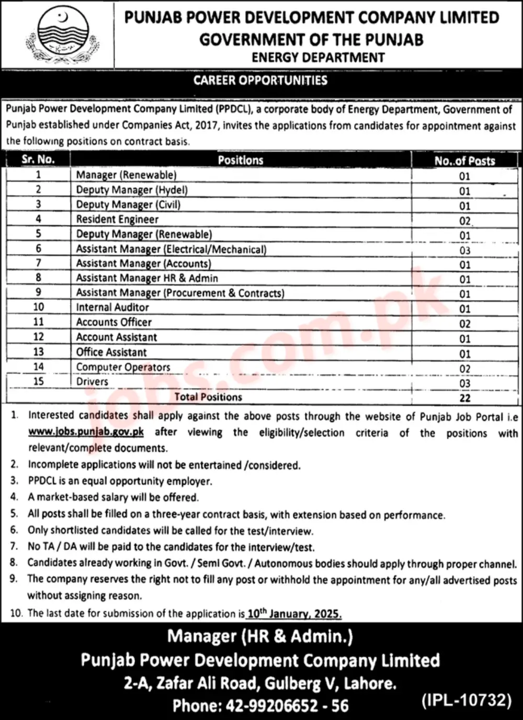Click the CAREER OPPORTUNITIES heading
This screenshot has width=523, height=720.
click(260, 81)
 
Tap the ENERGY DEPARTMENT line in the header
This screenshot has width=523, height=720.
click(318, 58)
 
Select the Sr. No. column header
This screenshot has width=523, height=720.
click(38, 159)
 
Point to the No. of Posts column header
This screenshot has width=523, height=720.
click(464, 161)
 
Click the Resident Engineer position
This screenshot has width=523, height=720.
click(117, 220)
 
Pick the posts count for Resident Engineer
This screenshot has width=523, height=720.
click(465, 221)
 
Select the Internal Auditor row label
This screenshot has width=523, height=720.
click(112, 307)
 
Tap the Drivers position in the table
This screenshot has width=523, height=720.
click(92, 382)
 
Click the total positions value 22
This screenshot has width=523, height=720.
click(465, 398)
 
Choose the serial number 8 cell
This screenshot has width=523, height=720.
click(38, 278)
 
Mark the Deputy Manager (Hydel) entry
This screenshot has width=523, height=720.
click(132, 190)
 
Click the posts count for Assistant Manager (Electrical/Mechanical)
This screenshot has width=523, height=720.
click(465, 250)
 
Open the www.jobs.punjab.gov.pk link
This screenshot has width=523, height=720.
click(86, 432)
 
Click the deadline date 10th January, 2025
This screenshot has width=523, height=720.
click(294, 613)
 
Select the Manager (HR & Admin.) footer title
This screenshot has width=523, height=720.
click(260, 636)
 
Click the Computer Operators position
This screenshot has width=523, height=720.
click(123, 367)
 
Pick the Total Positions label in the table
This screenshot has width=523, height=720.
click(208, 397)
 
